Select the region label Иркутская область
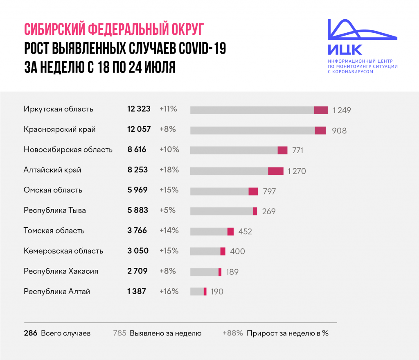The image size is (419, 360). click(59, 109)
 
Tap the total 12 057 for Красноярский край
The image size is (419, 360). click(139, 129)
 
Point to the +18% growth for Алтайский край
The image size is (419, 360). click(169, 170)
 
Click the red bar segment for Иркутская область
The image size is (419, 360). click(321, 110)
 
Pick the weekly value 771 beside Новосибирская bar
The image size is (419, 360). click(297, 150)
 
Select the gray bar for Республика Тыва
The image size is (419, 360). click(221, 211)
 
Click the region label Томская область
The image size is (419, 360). click(54, 231)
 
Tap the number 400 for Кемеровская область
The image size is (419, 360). click(237, 251)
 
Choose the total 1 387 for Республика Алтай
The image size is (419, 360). click(137, 292)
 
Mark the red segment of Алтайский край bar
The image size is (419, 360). click(276, 171)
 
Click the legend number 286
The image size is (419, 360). click(31, 333)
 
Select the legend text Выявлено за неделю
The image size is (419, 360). click(165, 333)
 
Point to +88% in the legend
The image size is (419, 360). click(233, 333)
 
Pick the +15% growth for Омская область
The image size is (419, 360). click(169, 190)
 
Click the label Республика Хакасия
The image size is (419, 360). click(61, 271)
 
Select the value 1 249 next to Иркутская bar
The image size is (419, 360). click(342, 110)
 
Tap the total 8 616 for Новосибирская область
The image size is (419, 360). click(137, 149)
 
